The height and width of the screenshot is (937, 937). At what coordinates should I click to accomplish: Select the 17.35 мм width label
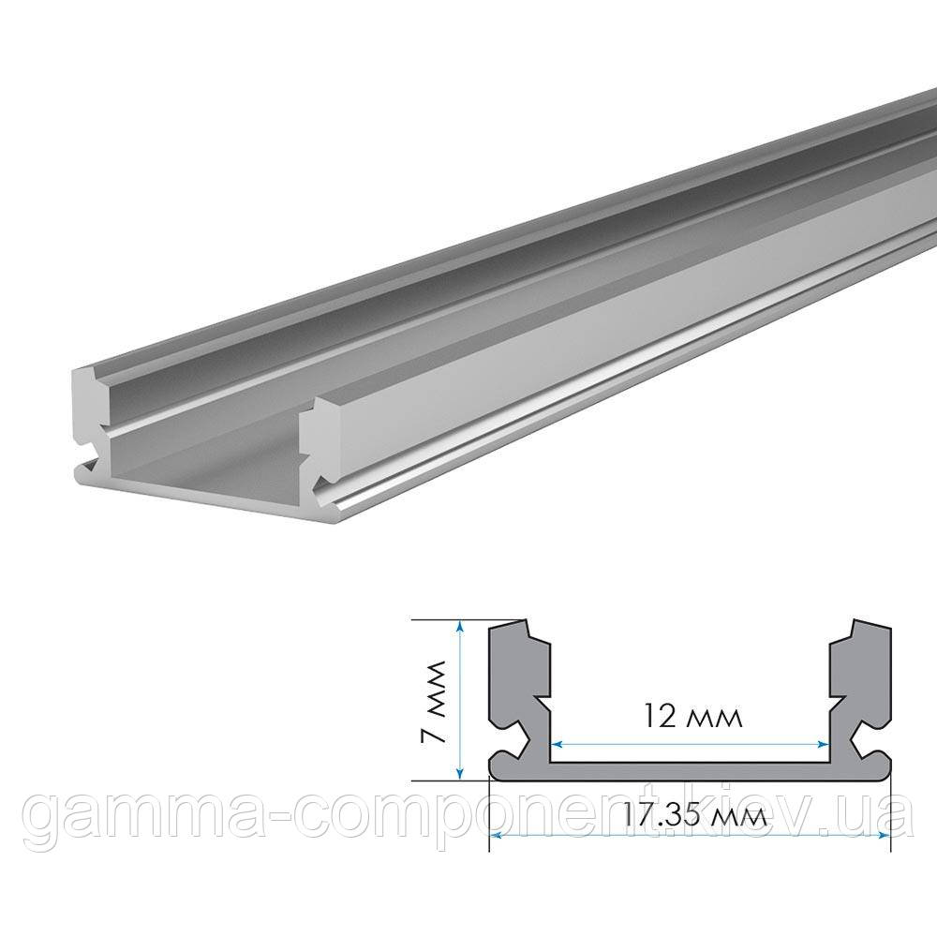click(690, 815)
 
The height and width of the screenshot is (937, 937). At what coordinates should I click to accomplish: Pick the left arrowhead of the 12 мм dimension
click(554, 743)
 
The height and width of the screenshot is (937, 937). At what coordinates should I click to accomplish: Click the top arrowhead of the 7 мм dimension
click(460, 626)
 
